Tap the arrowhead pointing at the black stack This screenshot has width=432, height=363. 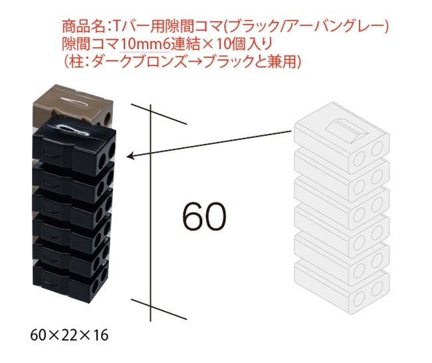coord(132,157)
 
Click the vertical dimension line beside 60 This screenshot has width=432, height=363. coord(154,212)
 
